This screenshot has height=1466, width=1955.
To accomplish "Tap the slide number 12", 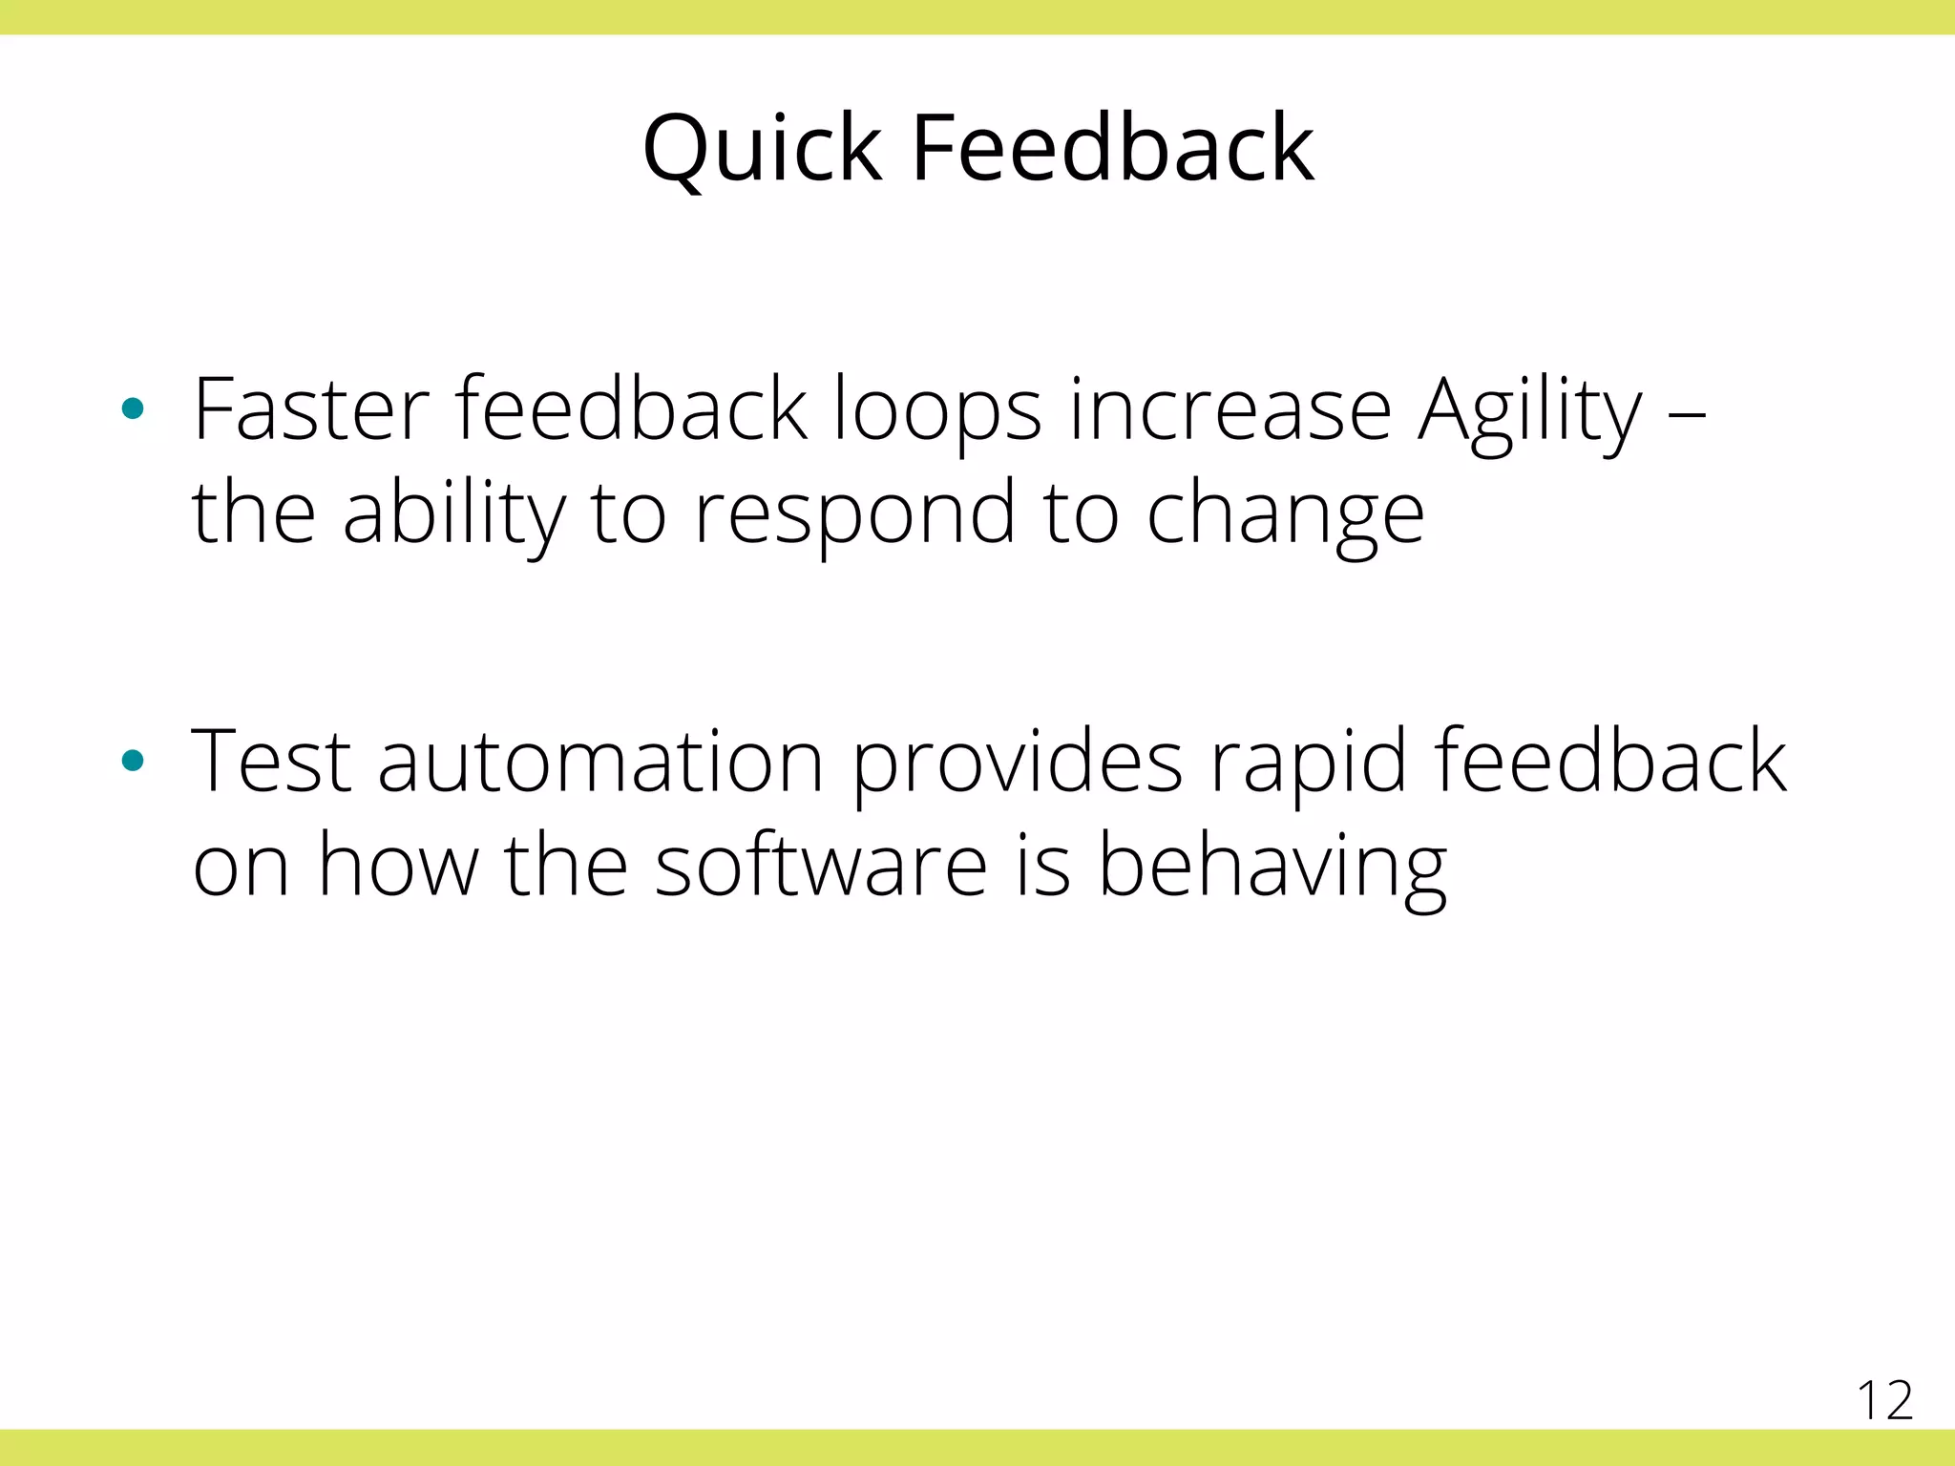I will pos(1884,1401).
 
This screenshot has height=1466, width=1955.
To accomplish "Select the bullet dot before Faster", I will pos(133,409).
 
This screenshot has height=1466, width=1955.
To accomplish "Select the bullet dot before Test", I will pos(133,761).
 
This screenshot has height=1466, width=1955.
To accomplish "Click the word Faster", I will pos(310,409).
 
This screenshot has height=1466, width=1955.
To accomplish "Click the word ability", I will pos(453,515).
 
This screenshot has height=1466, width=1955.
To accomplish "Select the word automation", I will pos(600,764).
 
